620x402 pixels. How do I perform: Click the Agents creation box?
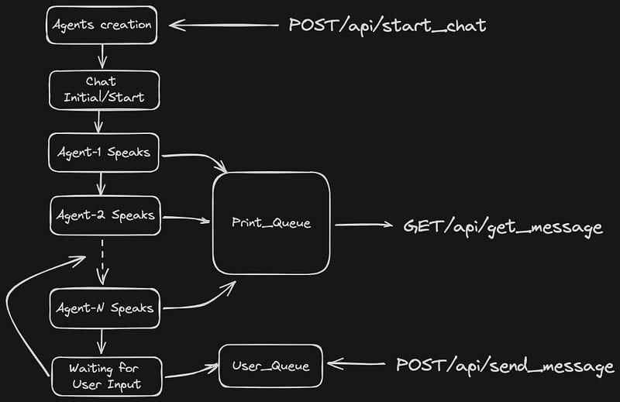(x=102, y=25)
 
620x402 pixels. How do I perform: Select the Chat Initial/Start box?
(x=104, y=90)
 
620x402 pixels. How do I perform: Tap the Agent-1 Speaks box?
(x=104, y=153)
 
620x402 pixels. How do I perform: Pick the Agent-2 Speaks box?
(x=105, y=215)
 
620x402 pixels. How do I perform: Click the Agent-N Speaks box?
(x=105, y=308)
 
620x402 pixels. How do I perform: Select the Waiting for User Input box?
(x=106, y=376)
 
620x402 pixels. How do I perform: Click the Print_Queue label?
(x=270, y=223)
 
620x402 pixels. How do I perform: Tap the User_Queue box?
(x=270, y=366)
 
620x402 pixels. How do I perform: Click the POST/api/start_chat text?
(x=387, y=25)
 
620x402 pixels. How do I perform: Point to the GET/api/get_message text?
(x=502, y=227)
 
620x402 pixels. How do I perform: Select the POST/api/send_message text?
(x=505, y=365)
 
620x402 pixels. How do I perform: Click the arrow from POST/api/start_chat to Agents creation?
(x=225, y=26)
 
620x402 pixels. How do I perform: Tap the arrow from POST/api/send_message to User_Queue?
(x=356, y=363)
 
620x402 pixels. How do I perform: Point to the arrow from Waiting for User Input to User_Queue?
(x=191, y=373)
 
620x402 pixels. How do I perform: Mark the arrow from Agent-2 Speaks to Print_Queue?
(x=186, y=218)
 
